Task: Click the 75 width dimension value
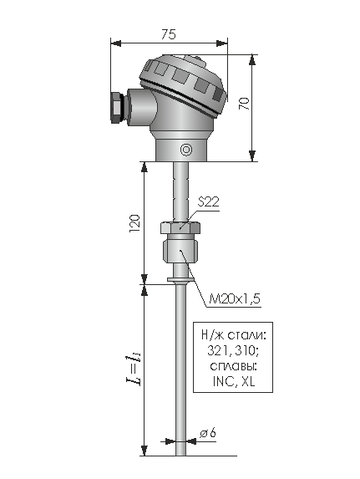169,34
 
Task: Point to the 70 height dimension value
245,104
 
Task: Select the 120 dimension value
134,223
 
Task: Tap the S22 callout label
208,202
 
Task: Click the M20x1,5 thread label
235,298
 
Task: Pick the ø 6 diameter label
208,433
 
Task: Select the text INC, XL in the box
234,381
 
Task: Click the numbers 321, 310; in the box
233,351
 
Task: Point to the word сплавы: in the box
233,366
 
